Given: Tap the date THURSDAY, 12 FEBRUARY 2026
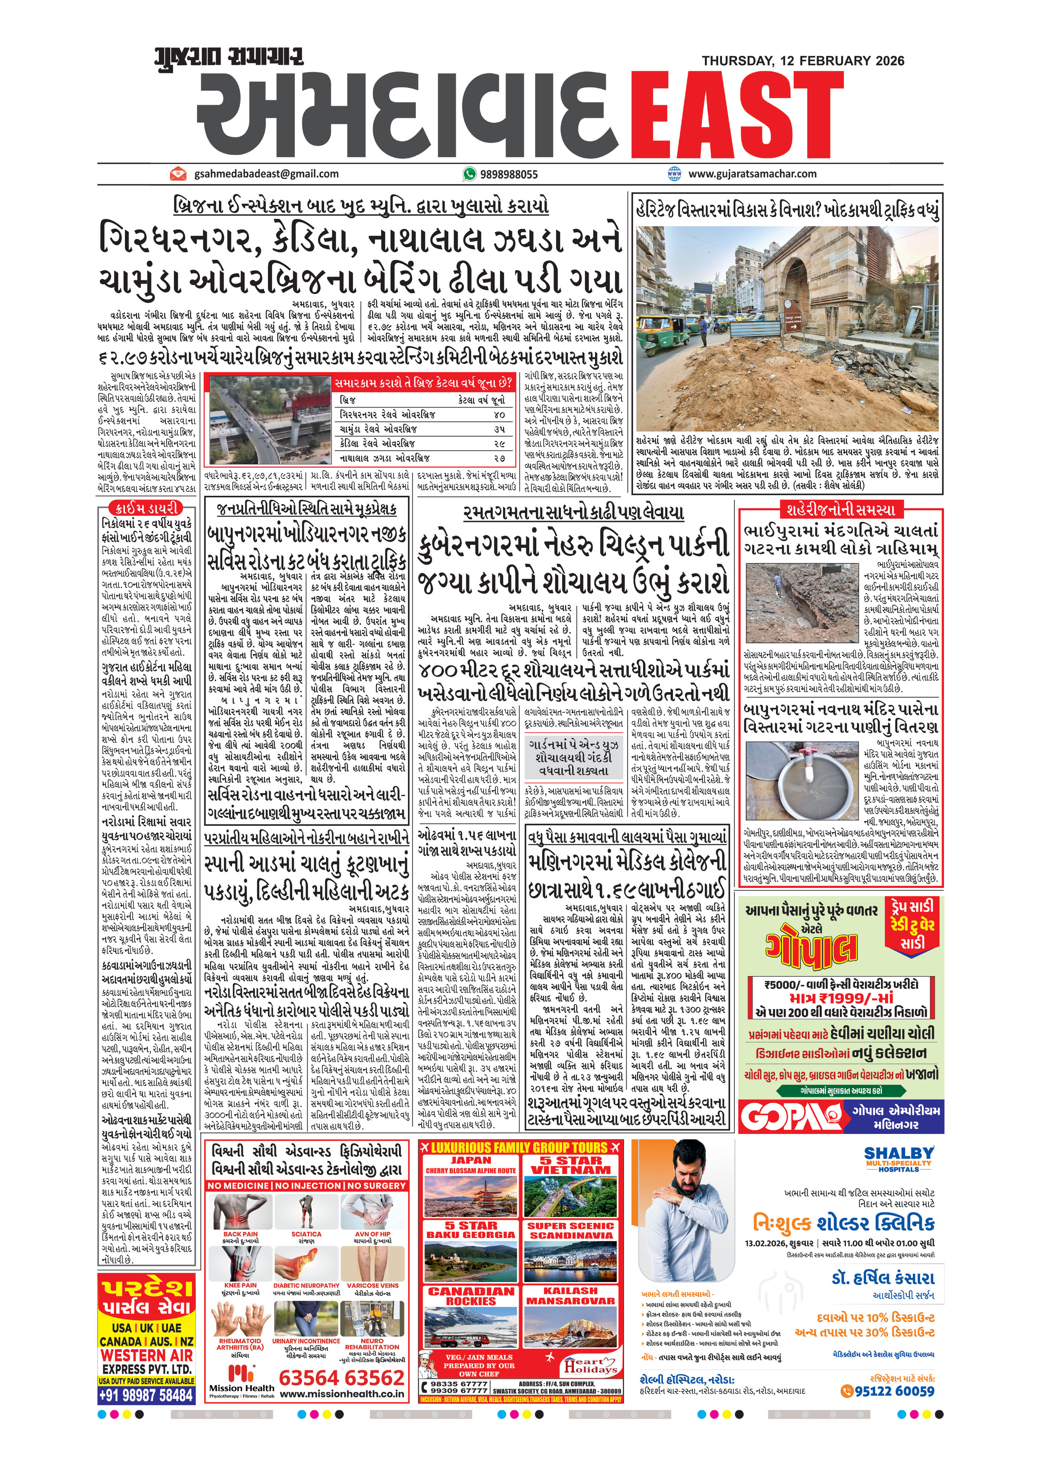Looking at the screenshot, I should tap(803, 61).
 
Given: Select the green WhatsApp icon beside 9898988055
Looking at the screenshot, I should tap(469, 174).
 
